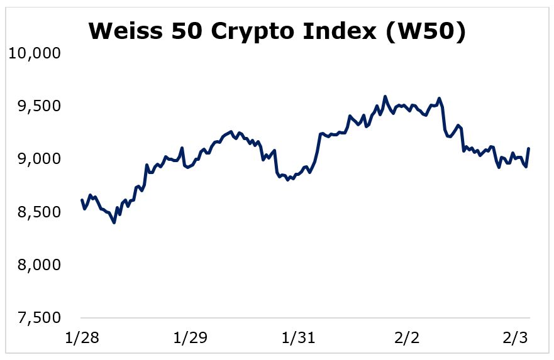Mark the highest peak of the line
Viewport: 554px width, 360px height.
coord(385,97)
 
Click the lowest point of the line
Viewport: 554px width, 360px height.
coord(114,222)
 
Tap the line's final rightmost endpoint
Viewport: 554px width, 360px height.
coord(528,149)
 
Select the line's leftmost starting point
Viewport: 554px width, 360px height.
coord(82,200)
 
